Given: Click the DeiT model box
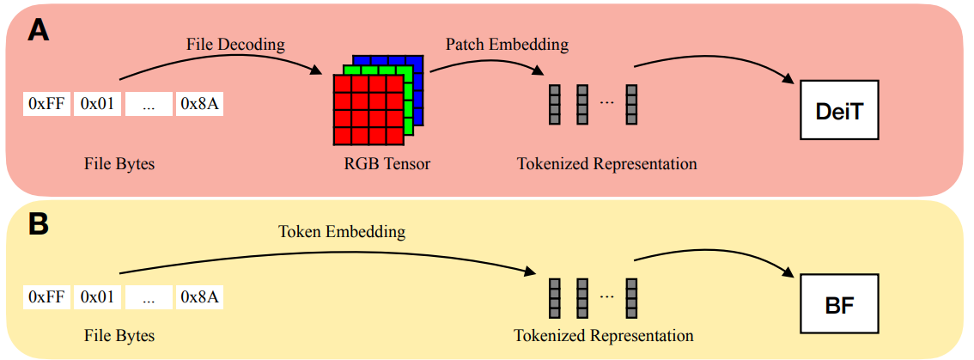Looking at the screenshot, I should pos(839,110).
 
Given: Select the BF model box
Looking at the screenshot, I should pos(839,303).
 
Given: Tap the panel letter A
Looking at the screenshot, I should pos(39,31).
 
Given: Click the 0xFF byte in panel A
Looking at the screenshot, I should pos(46,105).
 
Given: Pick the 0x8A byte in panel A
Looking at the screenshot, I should pos(200,105).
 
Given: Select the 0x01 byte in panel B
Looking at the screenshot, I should pos(97,297).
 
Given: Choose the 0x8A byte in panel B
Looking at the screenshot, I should pos(200,297).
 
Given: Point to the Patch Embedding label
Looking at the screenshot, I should pos(507,43).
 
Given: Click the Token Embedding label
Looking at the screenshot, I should pos(342,232).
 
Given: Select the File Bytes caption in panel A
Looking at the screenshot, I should pos(119,163).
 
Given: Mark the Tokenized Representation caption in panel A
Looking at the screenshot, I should pos(606,163).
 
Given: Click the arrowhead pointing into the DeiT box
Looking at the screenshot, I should pos(788,79).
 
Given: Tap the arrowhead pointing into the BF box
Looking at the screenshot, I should pos(788,272).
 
